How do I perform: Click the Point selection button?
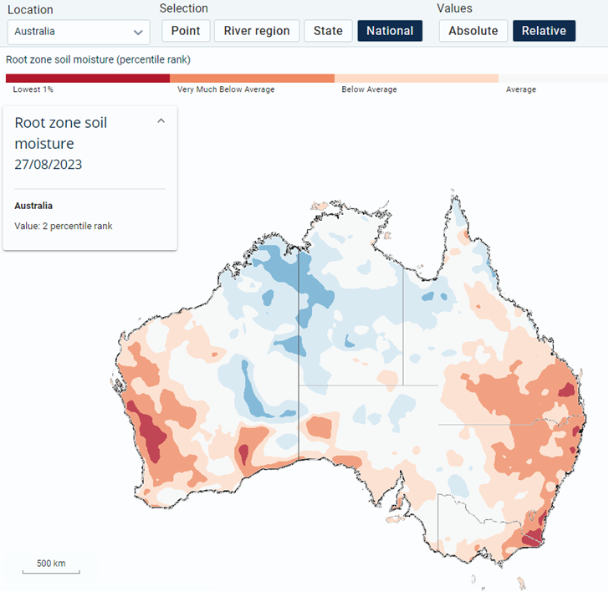click(186, 31)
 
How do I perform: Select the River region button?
click(257, 31)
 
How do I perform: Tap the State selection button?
click(328, 31)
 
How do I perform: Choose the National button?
click(390, 31)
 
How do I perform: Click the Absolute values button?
click(473, 31)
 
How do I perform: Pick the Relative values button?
click(544, 31)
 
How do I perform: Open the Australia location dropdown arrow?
click(138, 33)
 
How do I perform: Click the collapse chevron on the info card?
click(161, 121)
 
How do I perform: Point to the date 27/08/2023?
click(49, 165)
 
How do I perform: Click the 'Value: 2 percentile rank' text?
click(64, 226)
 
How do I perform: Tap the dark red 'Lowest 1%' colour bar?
click(88, 79)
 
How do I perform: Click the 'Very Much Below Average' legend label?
click(226, 89)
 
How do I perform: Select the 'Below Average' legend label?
click(370, 89)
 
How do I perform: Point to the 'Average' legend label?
click(521, 89)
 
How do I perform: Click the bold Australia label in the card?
click(33, 206)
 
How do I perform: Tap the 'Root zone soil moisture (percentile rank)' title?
click(98, 59)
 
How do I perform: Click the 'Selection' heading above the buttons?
click(184, 8)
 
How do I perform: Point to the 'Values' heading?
click(454, 8)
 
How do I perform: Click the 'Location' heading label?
click(30, 10)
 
